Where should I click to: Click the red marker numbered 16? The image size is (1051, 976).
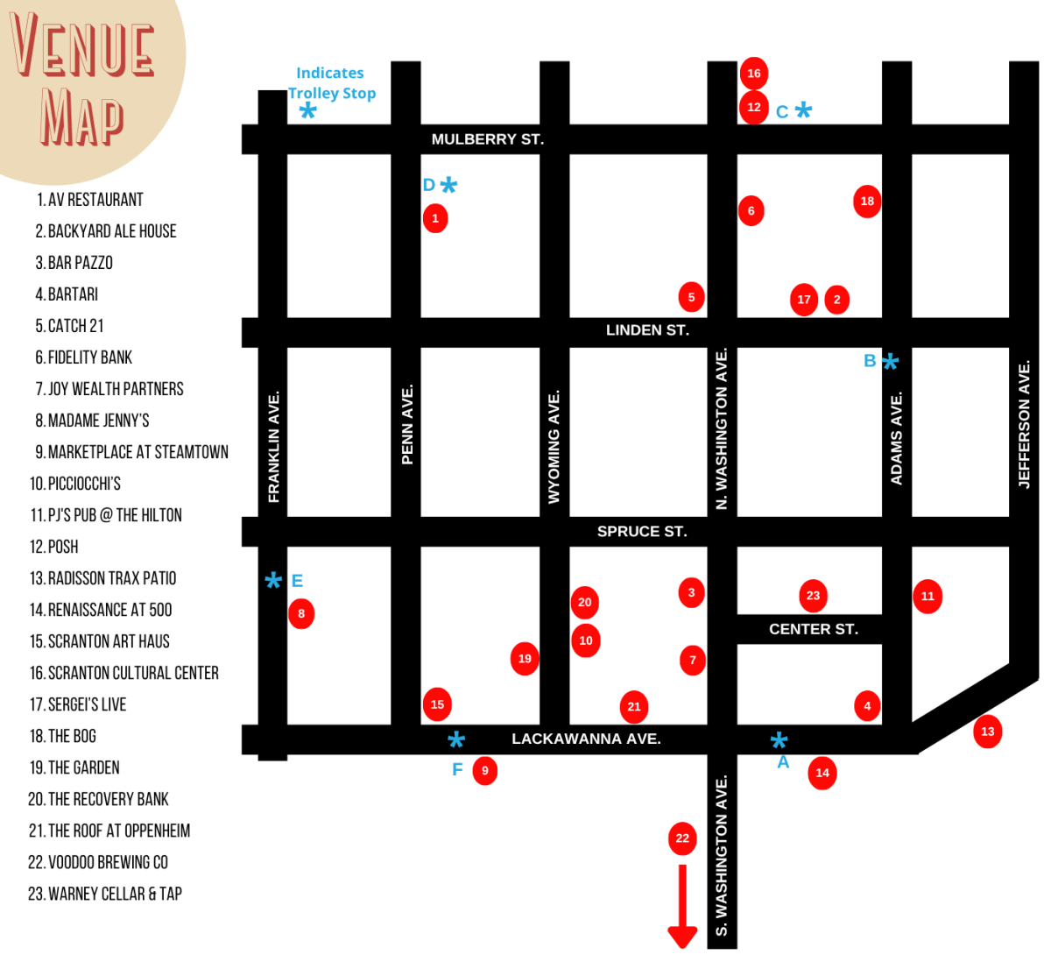coord(753,74)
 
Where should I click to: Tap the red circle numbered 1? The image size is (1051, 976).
coord(435,218)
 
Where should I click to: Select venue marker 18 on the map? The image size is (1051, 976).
coord(867,202)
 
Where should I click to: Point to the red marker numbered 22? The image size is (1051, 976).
coord(682,838)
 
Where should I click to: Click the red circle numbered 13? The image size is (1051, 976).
coord(988,732)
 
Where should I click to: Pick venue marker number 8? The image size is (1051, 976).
coord(301,613)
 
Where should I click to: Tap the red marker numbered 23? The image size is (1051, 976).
coord(813,596)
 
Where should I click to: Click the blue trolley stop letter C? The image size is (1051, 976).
coord(782,112)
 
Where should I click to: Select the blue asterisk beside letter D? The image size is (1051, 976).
coord(448,185)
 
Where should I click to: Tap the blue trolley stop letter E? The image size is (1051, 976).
coord(297,581)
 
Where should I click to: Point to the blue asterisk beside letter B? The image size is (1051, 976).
coord(891,362)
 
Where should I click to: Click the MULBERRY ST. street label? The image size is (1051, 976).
coord(487,139)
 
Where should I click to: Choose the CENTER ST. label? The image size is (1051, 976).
coord(813,629)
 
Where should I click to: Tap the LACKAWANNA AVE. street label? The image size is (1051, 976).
coord(586,739)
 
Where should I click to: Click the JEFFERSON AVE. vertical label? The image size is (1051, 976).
coord(1024,424)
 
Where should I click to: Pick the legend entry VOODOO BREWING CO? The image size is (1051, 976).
coord(98,862)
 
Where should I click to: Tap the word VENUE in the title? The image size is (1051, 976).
coord(82,46)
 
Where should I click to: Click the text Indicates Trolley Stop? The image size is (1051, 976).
coord(331,83)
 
